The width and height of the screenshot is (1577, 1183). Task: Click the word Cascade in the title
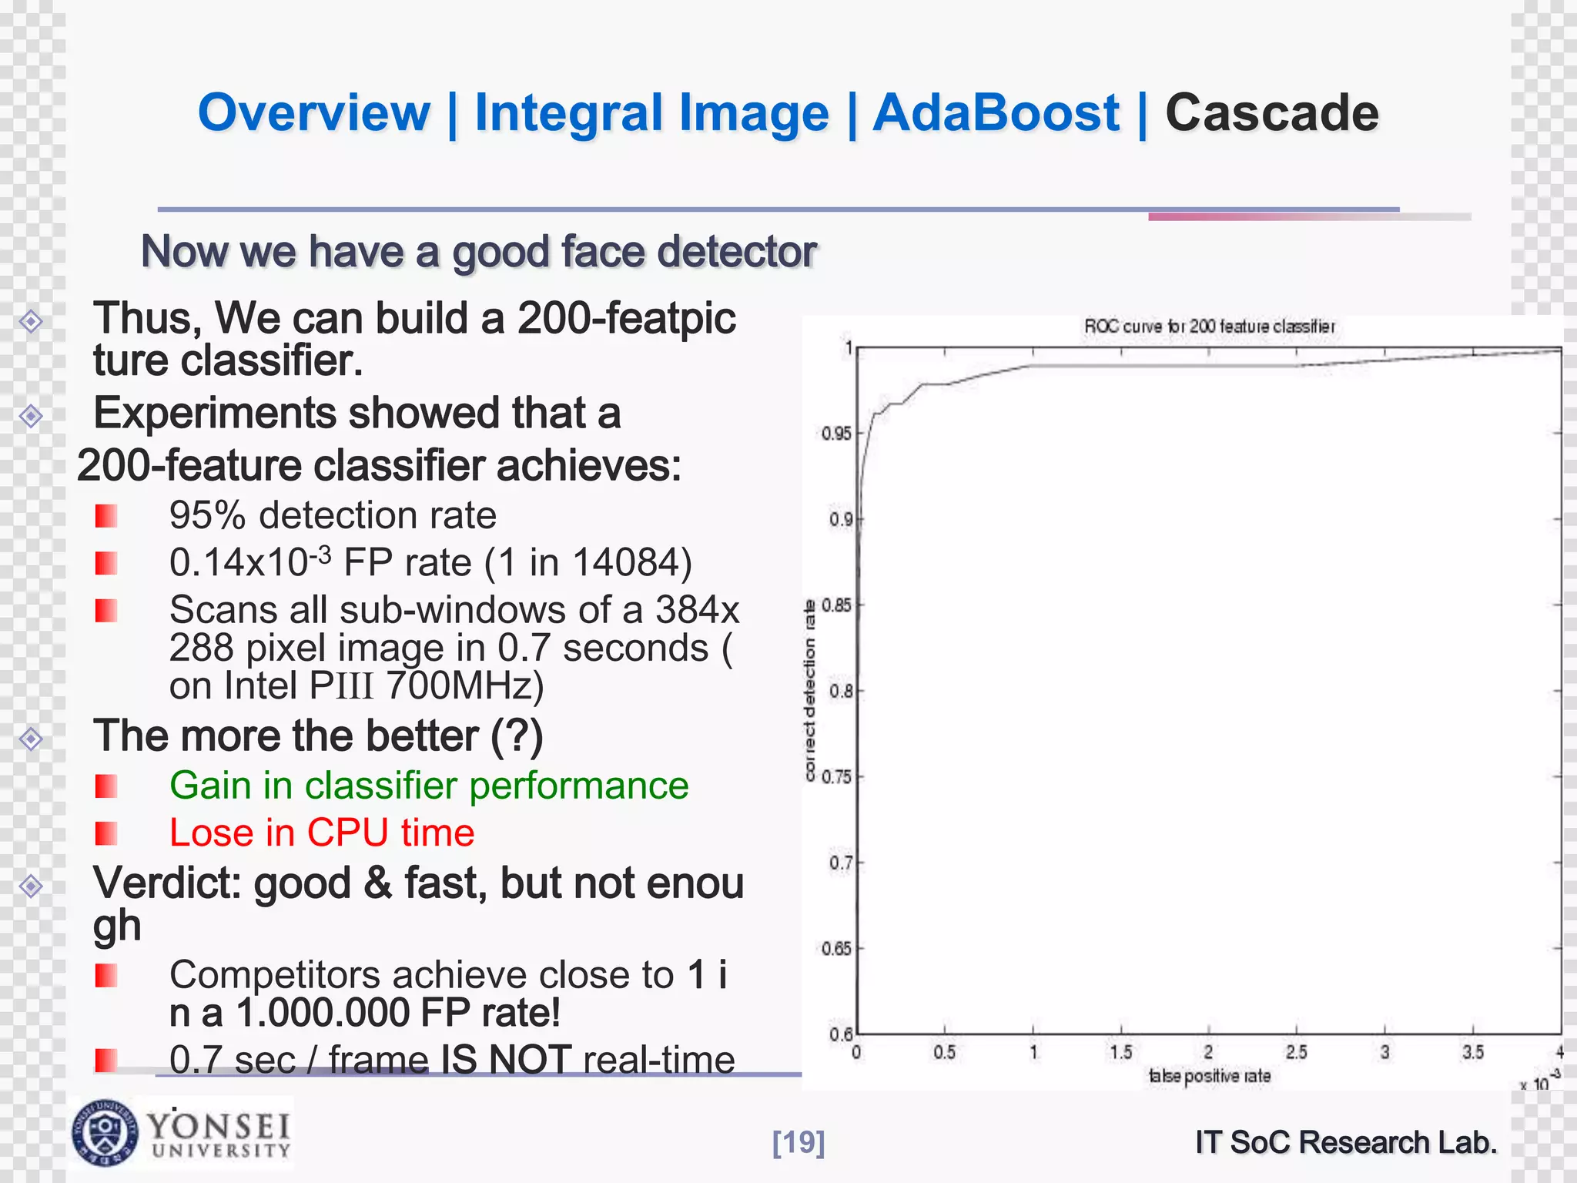pos(1271,113)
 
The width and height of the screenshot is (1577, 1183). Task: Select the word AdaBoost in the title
pos(996,113)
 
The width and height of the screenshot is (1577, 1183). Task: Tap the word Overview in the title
pos(314,113)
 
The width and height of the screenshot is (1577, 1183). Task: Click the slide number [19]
pos(799,1141)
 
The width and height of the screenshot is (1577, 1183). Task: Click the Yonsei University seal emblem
pos(105,1132)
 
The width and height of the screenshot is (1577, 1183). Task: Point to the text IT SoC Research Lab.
pos(1346,1141)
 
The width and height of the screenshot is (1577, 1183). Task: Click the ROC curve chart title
pos(1209,327)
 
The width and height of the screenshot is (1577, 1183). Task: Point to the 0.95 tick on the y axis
pos(836,434)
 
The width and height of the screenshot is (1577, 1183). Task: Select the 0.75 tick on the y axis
pos(836,777)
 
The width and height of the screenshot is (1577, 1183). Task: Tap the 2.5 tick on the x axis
pos(1296,1052)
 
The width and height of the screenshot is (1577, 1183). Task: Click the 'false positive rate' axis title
pos(1209,1076)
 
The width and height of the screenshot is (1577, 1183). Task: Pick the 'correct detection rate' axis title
pos(809,690)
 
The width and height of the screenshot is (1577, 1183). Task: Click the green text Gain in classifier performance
pos(429,786)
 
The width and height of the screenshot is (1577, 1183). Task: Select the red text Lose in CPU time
pos(322,833)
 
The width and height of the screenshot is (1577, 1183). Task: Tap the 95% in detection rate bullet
pos(207,515)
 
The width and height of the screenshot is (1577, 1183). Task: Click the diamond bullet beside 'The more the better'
pos(31,739)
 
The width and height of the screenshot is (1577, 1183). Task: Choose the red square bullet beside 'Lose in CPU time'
pos(106,833)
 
